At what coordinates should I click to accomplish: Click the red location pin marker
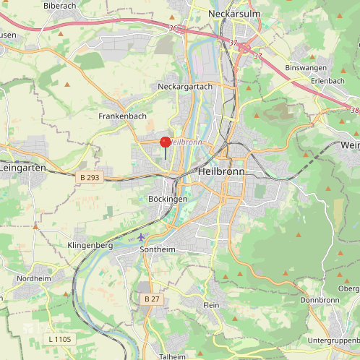click(x=165, y=143)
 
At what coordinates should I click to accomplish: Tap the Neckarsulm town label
click(x=233, y=14)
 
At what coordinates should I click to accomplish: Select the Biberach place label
click(x=60, y=6)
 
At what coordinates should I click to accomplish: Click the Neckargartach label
click(x=184, y=86)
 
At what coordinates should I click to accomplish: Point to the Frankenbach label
click(x=122, y=116)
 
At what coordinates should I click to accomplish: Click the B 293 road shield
click(x=89, y=176)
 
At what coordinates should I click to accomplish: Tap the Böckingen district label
click(x=167, y=199)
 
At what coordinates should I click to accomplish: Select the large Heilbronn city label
click(x=221, y=172)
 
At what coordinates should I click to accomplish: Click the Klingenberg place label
click(x=90, y=246)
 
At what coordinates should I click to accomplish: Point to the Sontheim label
click(x=157, y=249)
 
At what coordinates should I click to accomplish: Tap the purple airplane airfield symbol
click(x=141, y=236)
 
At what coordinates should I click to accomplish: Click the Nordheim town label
click(x=34, y=278)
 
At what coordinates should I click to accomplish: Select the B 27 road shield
click(x=151, y=299)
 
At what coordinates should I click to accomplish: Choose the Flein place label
click(x=211, y=306)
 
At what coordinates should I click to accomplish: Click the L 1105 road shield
click(x=60, y=338)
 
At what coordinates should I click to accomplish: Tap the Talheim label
click(x=172, y=356)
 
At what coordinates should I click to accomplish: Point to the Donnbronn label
click(x=320, y=300)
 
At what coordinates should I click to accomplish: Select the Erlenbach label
click(x=327, y=80)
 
